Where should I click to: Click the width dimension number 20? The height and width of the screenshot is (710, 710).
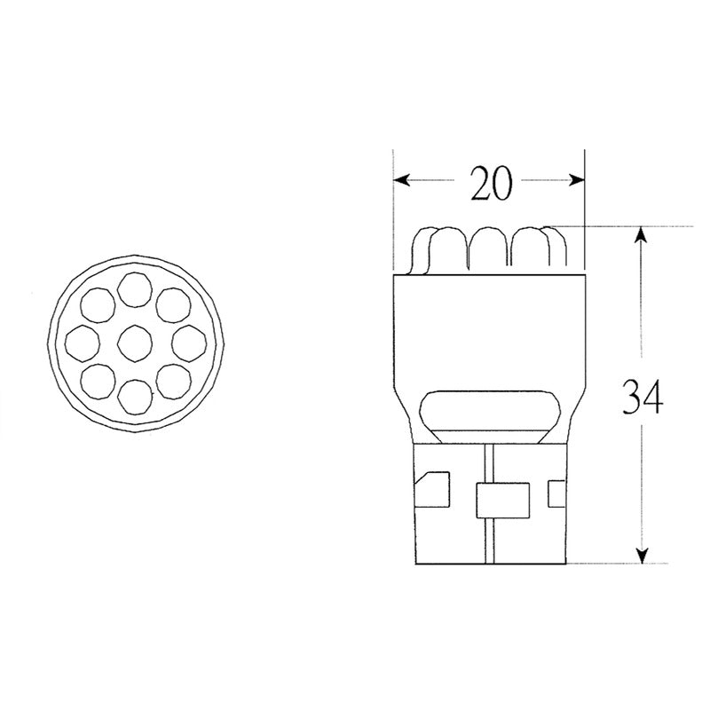(490, 183)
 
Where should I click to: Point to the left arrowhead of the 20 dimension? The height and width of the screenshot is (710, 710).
(401, 180)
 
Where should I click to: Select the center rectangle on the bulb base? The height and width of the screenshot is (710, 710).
(502, 501)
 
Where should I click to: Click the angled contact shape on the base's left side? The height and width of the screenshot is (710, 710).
(434, 491)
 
